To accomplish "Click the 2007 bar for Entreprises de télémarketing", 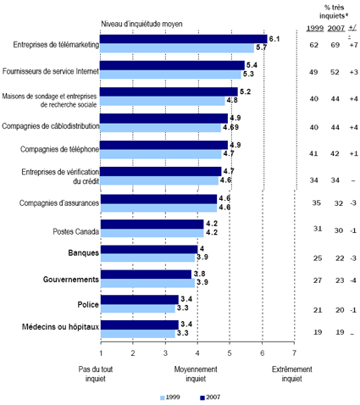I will (183, 39).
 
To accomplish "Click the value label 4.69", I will (231, 128).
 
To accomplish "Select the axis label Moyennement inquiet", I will (197, 374).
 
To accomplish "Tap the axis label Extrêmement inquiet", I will (294, 374).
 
